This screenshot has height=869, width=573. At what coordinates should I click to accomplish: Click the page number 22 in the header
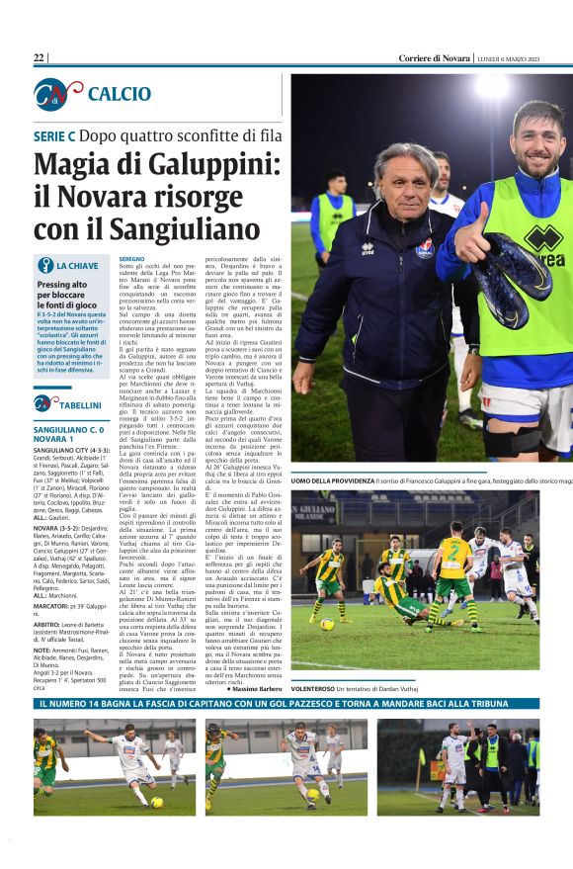[x=40, y=58]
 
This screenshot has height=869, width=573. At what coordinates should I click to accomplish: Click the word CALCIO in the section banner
[x=119, y=94]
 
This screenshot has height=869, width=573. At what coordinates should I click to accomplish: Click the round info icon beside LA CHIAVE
[x=44, y=265]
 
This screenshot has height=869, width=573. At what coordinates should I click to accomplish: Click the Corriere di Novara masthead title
[x=434, y=58]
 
